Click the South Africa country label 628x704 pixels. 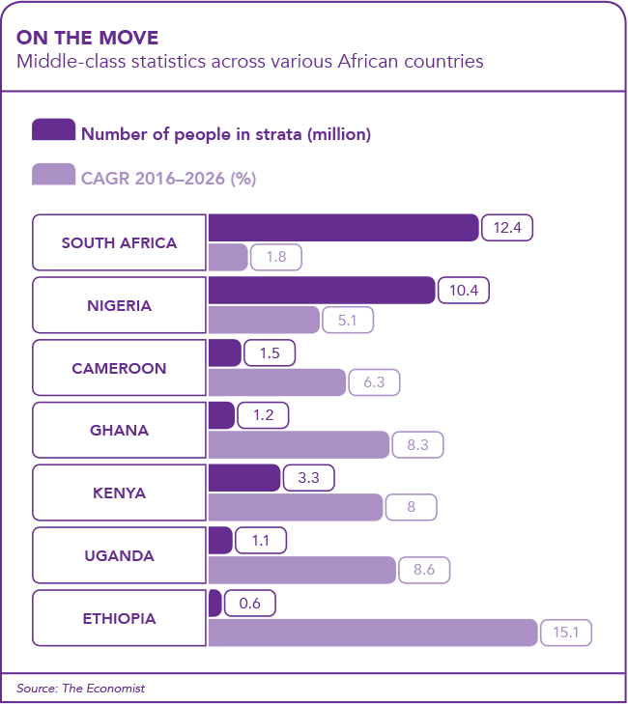pyautogui.click(x=119, y=242)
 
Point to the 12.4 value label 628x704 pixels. pyautogui.click(x=508, y=228)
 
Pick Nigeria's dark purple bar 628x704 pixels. pyautogui.click(x=321, y=290)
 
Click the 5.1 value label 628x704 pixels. pyautogui.click(x=349, y=320)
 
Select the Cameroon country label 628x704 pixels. pyautogui.click(x=119, y=368)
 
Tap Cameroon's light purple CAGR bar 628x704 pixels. pyautogui.click(x=276, y=382)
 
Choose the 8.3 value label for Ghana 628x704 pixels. pyautogui.click(x=417, y=445)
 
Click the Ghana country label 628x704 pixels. pyautogui.click(x=119, y=431)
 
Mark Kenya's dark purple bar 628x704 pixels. pyautogui.click(x=243, y=477)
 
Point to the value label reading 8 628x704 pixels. pyautogui.click(x=411, y=507)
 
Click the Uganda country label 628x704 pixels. pyautogui.click(x=119, y=555)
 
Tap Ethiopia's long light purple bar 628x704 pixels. pyautogui.click(x=372, y=633)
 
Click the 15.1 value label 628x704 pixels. pyautogui.click(x=565, y=633)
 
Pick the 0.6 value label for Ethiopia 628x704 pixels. pyautogui.click(x=250, y=603)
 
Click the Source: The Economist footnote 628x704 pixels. pyautogui.click(x=80, y=689)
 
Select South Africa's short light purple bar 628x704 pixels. pyautogui.click(x=228, y=258)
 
